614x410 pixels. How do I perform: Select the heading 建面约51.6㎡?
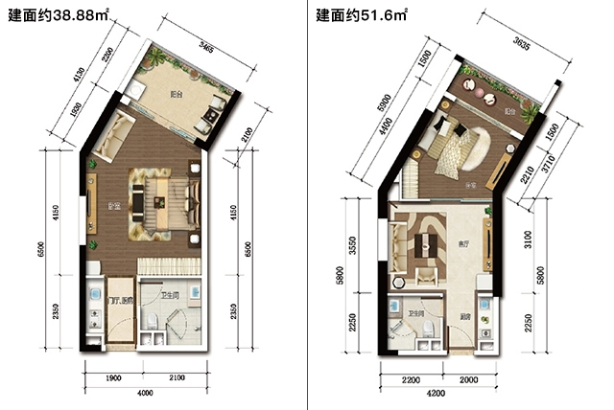[x=361, y=16]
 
